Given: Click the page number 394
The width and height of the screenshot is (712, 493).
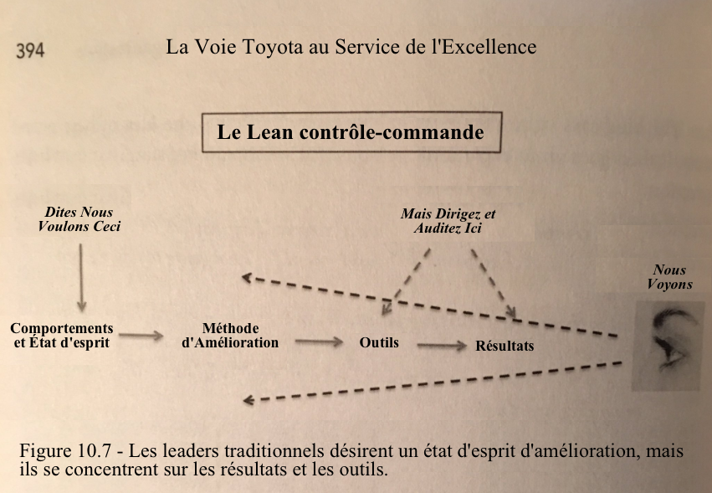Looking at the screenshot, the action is [30, 50].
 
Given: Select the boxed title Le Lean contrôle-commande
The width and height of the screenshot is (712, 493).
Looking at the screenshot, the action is [351, 131].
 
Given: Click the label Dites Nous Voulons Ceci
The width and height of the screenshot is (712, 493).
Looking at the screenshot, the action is [79, 219].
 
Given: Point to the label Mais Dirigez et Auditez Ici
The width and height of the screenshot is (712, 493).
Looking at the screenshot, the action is [448, 221].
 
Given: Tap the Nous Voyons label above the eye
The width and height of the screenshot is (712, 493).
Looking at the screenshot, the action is [669, 277].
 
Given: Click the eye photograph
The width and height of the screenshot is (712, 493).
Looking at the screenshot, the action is [667, 346].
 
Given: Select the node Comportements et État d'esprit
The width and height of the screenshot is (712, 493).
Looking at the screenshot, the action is [62, 336].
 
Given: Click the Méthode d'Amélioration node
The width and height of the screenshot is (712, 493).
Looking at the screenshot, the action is [230, 336].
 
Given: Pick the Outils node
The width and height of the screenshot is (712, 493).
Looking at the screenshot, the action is [379, 342].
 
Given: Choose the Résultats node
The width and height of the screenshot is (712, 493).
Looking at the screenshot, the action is [505, 346].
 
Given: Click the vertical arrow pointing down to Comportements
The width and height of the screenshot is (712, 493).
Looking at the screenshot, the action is [81, 277].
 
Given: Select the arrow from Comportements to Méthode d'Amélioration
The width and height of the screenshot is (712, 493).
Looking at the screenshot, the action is [141, 336].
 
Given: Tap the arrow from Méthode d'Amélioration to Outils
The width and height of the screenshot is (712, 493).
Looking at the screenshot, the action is [319, 342].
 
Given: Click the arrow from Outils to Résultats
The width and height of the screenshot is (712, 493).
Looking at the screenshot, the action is [442, 346].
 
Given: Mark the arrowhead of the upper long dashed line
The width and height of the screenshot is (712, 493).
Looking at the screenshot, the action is [247, 277].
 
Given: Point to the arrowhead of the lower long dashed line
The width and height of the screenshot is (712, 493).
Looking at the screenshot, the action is [248, 400].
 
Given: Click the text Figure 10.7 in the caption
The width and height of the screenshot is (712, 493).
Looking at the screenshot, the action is [65, 451].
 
